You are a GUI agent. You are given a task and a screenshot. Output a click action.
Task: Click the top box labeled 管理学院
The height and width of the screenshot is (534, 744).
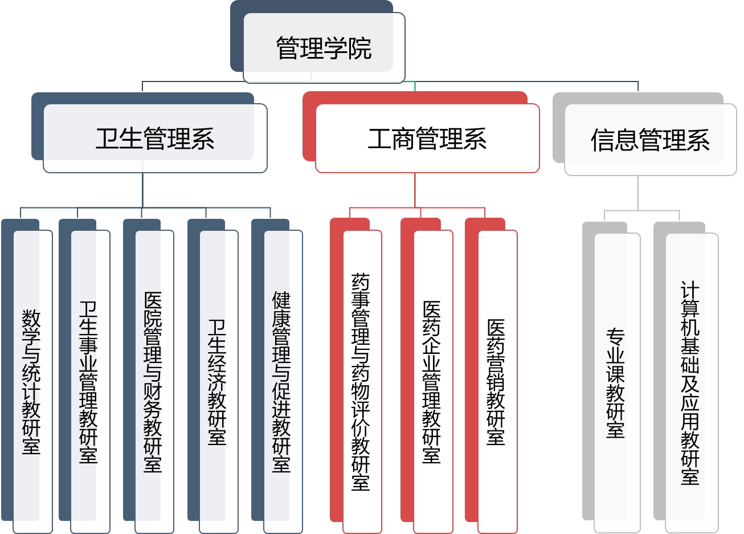click(x=324, y=48)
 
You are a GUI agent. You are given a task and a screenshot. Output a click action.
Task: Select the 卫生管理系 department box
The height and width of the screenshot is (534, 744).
click(x=155, y=138)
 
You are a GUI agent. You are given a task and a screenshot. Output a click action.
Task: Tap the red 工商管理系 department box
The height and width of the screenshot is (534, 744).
click(x=427, y=138)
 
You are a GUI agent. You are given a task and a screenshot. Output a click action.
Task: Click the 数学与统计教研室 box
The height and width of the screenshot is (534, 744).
click(x=32, y=381)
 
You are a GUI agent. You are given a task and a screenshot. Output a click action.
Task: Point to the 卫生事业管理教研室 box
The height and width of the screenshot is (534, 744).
click(x=90, y=381)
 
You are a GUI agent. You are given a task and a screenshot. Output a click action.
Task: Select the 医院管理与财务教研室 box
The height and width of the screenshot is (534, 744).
click(x=154, y=381)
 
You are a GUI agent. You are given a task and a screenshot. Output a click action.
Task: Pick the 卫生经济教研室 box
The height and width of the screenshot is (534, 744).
click(x=218, y=381)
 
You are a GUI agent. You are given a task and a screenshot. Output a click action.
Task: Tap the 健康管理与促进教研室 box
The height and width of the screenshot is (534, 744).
click(x=283, y=381)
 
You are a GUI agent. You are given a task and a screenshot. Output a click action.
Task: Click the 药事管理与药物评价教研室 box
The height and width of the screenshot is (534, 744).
click(x=362, y=381)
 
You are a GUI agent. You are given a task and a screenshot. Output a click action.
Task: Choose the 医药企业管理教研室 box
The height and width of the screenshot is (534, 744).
click(x=433, y=381)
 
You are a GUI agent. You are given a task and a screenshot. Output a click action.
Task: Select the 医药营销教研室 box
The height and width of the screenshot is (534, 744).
click(x=497, y=381)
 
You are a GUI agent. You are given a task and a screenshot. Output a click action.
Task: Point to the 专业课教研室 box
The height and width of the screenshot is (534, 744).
click(x=617, y=382)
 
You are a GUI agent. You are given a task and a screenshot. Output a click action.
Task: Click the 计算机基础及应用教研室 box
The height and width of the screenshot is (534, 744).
click(x=692, y=382)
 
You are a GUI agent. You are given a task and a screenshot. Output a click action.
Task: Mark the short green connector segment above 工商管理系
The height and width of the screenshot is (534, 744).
click(x=415, y=86)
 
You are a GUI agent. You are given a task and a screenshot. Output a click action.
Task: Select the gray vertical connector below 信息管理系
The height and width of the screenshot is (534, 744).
click(x=637, y=194)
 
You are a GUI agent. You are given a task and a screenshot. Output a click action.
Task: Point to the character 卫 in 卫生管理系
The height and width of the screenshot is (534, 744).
click(x=108, y=138)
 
